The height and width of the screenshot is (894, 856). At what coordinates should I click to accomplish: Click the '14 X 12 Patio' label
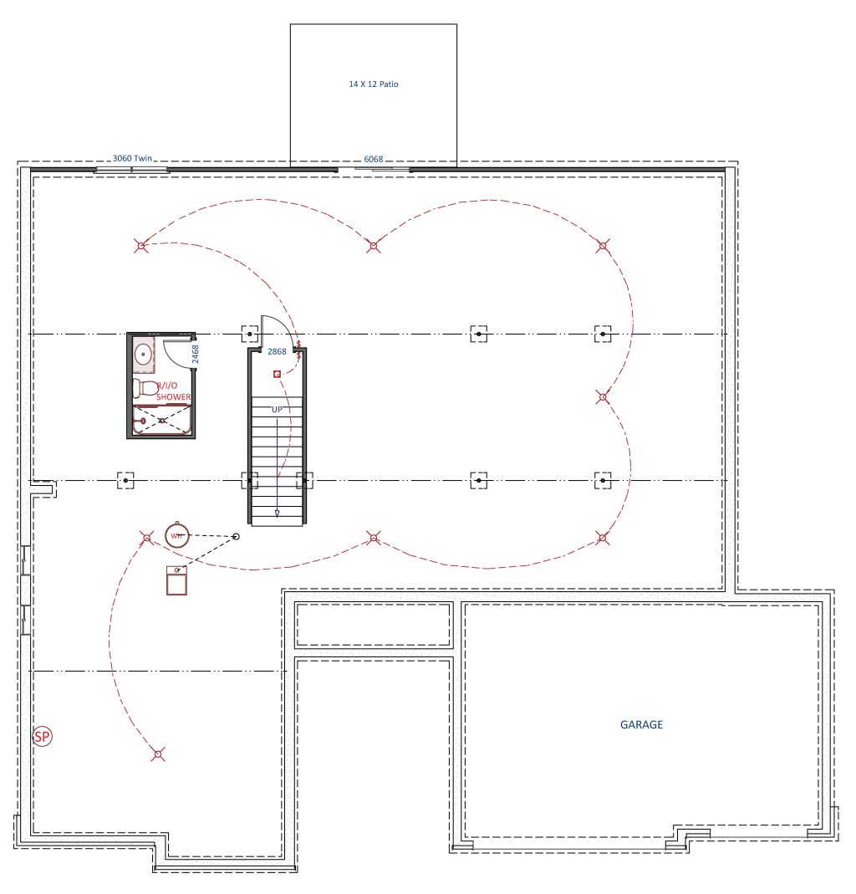coord(374,84)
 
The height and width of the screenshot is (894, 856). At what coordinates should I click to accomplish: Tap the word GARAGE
coord(641,725)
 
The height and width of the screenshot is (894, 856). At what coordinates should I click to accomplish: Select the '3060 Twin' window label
coord(132,158)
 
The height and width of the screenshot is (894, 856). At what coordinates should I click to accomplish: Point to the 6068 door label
coord(374,159)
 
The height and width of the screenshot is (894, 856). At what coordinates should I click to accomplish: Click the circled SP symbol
coord(42,737)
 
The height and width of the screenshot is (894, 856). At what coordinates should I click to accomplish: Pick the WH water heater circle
coord(176,535)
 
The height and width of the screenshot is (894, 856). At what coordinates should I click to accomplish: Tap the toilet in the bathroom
coord(144,388)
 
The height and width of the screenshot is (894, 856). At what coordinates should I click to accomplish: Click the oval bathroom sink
coord(143,354)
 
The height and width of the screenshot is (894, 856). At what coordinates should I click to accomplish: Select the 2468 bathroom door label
coord(196,354)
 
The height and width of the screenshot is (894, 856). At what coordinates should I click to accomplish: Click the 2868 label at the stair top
coord(277,352)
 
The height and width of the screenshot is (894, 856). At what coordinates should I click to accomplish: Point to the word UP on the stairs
coord(277,410)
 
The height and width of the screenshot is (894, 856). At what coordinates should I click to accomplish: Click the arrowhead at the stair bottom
coord(277,513)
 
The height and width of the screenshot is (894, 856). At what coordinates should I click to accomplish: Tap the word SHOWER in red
coord(173,397)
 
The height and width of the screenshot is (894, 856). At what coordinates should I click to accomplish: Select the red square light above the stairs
coord(277,374)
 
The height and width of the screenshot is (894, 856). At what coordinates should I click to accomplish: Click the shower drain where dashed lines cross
coord(162,421)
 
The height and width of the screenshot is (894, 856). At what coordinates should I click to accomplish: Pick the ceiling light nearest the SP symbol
coord(159,754)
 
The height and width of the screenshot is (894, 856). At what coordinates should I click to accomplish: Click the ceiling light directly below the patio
coord(374,246)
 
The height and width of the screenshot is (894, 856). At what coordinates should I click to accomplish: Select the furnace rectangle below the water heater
coord(176,580)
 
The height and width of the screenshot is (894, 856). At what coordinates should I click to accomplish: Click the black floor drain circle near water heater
coord(237,537)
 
